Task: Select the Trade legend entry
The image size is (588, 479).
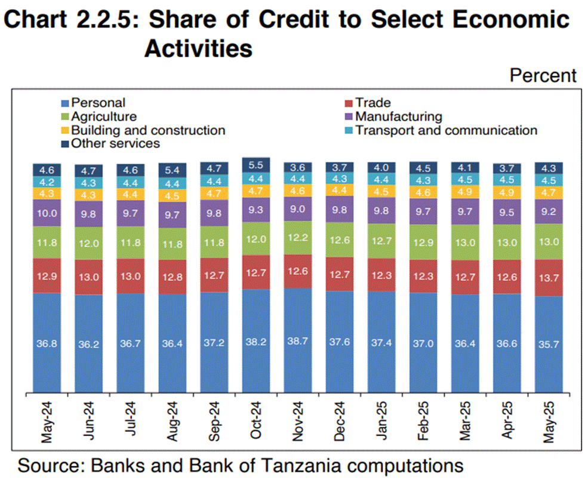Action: pos(372,103)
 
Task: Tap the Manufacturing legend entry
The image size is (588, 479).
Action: pos(398,116)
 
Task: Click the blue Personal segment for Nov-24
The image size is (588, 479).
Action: pos(298,340)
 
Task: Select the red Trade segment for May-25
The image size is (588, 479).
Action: pos(549,278)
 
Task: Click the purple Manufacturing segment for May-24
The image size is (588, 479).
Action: pos(47,213)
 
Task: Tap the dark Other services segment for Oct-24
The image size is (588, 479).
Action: pos(256,164)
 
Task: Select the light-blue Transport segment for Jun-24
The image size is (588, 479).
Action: pos(89,183)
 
